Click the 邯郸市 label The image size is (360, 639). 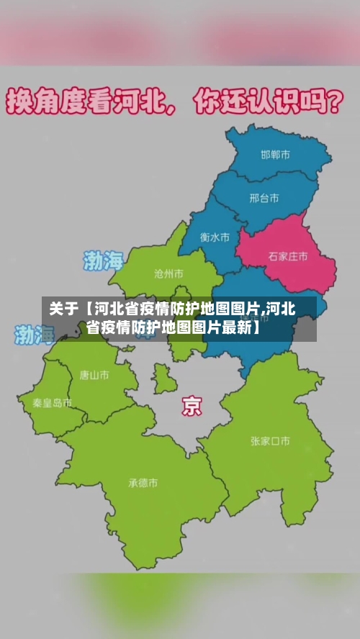275,155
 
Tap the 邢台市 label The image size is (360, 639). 264,198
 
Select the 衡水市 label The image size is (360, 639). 215,237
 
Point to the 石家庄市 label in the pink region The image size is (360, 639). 288,255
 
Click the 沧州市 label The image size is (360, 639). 168,273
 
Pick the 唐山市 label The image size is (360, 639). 94,375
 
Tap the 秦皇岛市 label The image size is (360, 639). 52,403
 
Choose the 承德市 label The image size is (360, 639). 143,483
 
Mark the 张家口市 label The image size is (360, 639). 270,440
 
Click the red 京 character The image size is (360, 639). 192,406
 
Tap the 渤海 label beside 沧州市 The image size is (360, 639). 104,260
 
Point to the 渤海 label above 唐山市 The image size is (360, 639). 35,334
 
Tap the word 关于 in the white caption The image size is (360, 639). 63,310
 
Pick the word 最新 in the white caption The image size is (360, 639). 236,329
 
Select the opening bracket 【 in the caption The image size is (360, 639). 87,310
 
